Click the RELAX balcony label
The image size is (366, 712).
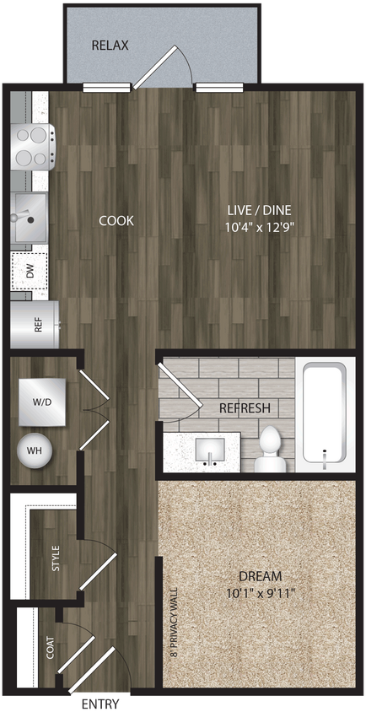[110, 45]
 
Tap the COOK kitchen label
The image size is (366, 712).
[116, 221]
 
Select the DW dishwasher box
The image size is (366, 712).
[28, 272]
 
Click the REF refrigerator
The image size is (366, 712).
[35, 324]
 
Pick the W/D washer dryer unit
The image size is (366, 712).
[43, 402]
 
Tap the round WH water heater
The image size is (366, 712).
[35, 450]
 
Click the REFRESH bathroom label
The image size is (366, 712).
[245, 408]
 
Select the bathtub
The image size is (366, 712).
[325, 413]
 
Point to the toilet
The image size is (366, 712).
[270, 447]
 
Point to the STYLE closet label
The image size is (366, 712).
[57, 559]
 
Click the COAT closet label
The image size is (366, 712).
[51, 648]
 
